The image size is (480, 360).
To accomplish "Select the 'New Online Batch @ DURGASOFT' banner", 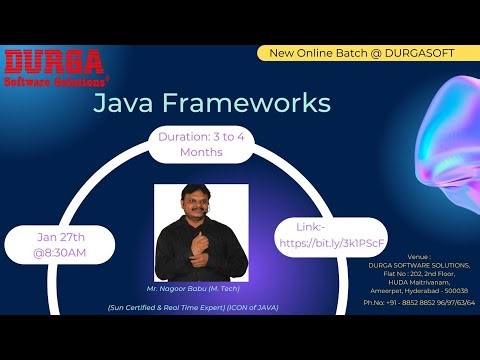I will [x=362, y=52].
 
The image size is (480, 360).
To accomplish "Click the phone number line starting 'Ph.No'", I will [x=419, y=301].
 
